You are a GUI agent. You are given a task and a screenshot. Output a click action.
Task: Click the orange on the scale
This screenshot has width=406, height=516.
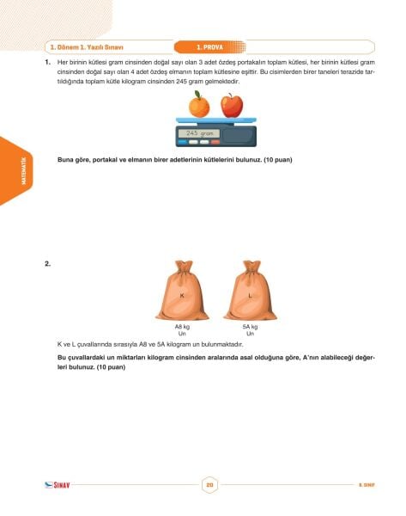pyautogui.click(x=199, y=106)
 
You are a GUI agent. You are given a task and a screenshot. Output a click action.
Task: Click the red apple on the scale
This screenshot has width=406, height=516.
pyautogui.click(x=231, y=105)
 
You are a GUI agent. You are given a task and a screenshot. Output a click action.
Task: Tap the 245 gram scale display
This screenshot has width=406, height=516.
pyautogui.click(x=198, y=133)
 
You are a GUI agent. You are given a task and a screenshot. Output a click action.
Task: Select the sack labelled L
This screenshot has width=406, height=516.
pyautogui.click(x=249, y=292)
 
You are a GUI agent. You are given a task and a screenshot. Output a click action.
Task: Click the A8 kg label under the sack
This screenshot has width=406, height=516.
pyautogui.click(x=181, y=327)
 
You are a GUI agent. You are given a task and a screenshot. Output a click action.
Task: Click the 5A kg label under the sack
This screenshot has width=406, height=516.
pyautogui.click(x=250, y=327)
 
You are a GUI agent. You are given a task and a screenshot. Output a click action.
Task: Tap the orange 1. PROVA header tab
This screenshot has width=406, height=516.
pyautogui.click(x=210, y=46)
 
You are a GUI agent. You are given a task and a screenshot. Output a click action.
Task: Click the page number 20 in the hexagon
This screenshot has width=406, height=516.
pyautogui.click(x=209, y=486)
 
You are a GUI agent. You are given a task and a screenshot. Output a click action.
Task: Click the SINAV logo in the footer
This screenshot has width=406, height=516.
pyautogui.click(x=57, y=486)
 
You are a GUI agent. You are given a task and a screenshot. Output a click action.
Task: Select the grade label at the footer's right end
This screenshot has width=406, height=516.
pyautogui.click(x=367, y=486)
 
